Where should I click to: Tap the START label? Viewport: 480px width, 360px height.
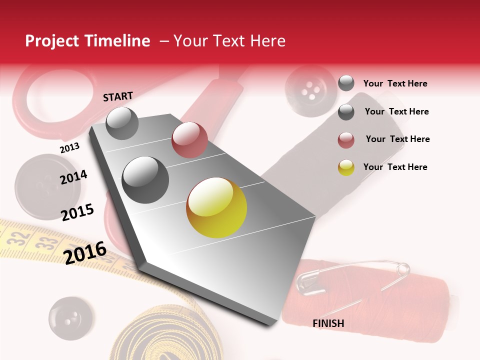118,96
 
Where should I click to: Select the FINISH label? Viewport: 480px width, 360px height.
328,323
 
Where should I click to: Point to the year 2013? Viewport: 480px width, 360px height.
69,148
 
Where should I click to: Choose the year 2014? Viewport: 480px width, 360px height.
73,177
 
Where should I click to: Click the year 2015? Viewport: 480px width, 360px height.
77,212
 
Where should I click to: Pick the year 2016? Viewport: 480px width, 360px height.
85,252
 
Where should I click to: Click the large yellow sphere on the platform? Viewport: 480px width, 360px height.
216,207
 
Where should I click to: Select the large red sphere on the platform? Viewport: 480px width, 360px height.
189,140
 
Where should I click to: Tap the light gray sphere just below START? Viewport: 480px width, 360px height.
122,123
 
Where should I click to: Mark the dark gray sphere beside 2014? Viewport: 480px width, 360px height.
145,179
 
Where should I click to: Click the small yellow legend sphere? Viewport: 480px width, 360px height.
346,167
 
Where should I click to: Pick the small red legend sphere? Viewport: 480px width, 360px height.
346,140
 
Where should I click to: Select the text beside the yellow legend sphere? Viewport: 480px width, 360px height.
395,167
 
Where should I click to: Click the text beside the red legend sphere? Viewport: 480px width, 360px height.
397,139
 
